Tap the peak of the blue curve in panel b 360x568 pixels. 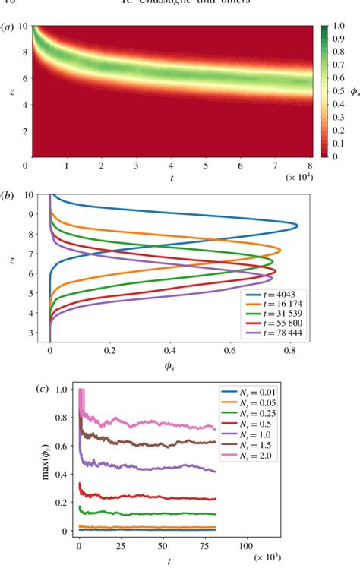tap(298, 226)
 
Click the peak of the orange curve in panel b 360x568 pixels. tap(281, 250)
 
